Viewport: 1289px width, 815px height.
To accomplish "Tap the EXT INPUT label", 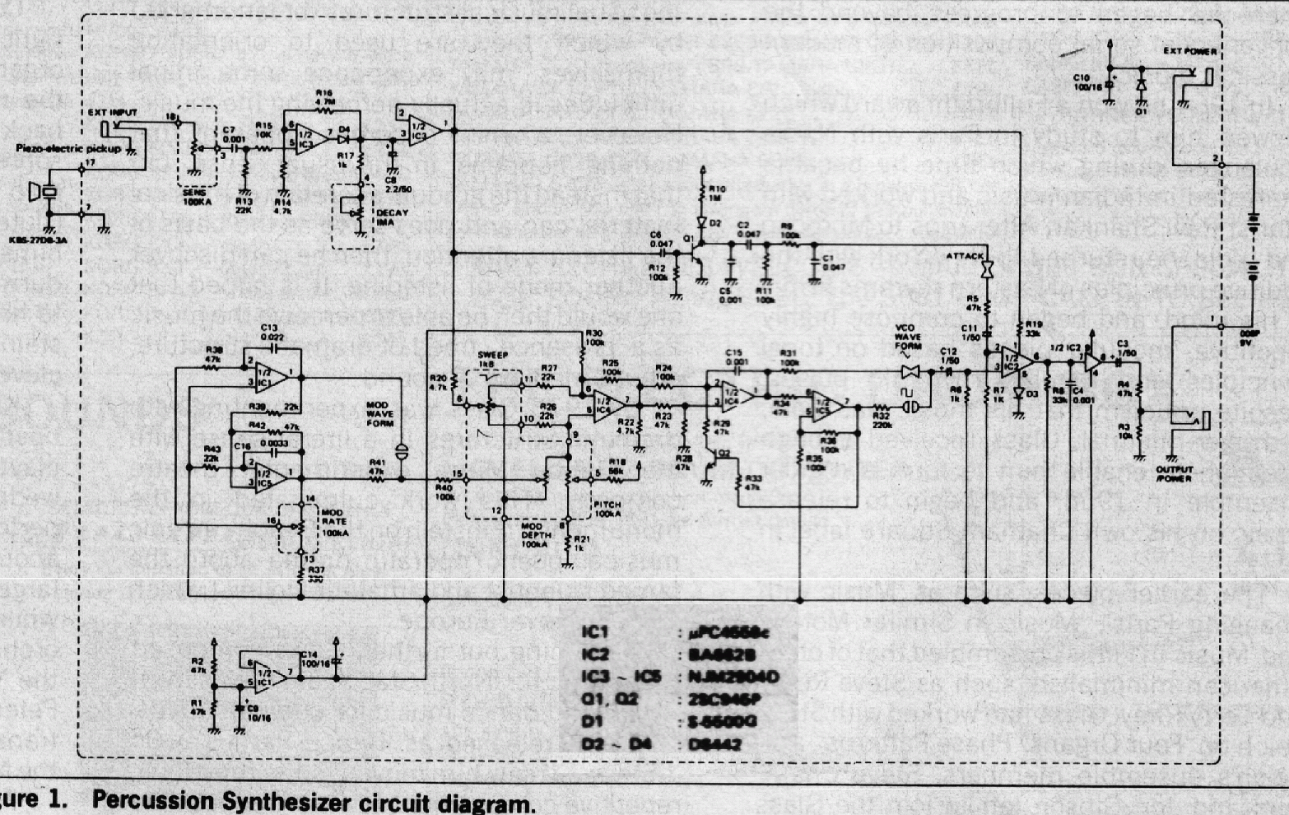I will (x=113, y=112).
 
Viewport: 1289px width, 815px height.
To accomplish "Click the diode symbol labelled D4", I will (x=344, y=137).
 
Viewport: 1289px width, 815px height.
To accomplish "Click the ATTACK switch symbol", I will (x=990, y=269).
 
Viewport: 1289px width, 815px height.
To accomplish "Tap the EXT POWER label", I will (x=1189, y=52).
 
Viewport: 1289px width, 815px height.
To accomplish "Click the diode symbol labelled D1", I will (x=1141, y=84).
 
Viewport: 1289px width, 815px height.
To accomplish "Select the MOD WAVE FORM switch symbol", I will (x=401, y=452).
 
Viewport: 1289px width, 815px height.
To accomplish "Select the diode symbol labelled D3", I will (x=1019, y=393).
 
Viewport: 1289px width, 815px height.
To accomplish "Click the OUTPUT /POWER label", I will (x=1175, y=473).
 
